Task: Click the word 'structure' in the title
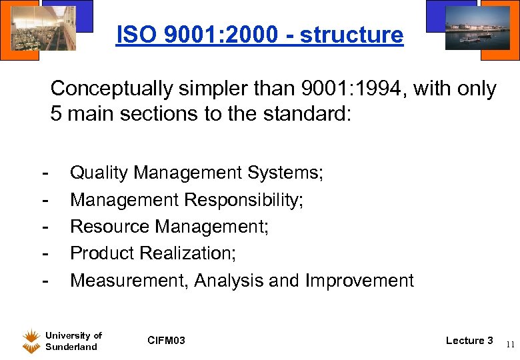pos(351,35)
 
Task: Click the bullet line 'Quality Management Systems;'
pos(197,173)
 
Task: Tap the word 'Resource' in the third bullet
pos(110,227)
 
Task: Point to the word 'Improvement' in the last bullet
pos(359,281)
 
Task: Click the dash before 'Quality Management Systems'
pos(45,173)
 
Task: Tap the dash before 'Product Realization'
pos(45,253)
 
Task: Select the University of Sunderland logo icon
pos(31,341)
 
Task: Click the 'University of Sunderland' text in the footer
pos(73,341)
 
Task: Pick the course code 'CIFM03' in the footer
pos(166,341)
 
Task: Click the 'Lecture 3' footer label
pos(469,341)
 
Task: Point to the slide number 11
pos(509,345)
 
